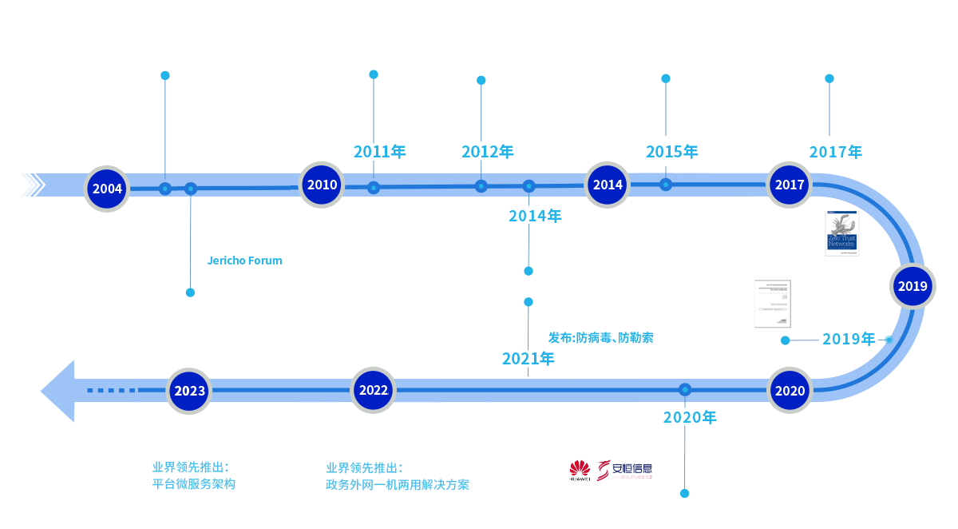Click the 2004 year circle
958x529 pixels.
(x=107, y=189)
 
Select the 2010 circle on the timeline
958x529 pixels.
(x=322, y=185)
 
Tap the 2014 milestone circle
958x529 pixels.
(x=608, y=185)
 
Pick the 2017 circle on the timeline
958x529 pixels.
(x=790, y=185)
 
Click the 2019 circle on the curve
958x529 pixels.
(x=912, y=286)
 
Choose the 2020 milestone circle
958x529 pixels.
(x=790, y=391)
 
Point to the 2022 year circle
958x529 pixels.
(x=374, y=390)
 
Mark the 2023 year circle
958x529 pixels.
(x=190, y=391)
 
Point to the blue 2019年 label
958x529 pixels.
(x=848, y=339)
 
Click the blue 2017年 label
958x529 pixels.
(x=837, y=152)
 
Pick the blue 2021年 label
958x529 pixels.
(x=528, y=358)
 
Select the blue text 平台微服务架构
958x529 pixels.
(x=194, y=484)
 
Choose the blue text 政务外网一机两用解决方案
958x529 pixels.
(x=397, y=484)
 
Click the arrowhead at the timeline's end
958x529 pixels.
(x=56, y=391)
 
